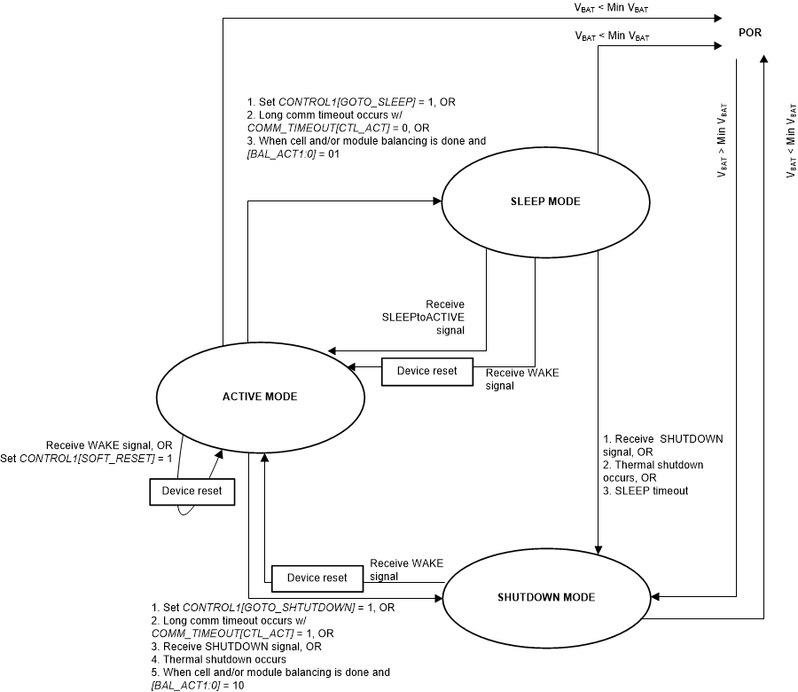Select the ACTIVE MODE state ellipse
point(260,397)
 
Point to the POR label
point(750,33)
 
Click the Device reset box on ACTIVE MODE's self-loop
point(192,491)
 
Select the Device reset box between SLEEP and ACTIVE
point(426,371)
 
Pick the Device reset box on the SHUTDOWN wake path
point(317,578)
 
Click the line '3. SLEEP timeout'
point(645,491)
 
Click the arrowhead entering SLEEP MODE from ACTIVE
point(436,201)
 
